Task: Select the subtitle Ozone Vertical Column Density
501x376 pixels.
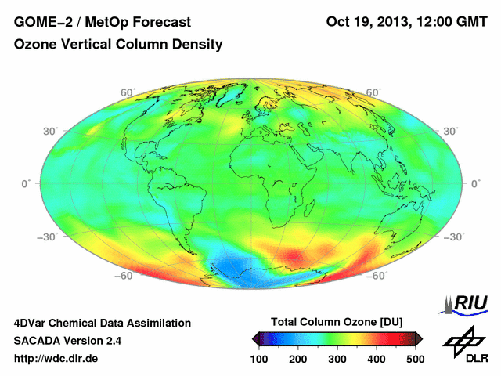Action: point(118,45)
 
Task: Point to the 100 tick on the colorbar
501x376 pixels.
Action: point(259,358)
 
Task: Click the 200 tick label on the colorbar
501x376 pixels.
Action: point(298,358)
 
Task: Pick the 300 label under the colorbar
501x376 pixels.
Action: point(337,358)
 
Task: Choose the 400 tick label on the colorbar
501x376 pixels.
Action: point(376,358)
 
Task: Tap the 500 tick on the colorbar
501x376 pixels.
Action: point(415,358)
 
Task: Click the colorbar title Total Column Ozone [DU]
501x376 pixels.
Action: point(337,323)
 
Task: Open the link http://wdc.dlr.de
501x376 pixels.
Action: point(56,359)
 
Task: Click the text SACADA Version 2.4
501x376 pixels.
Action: point(67,341)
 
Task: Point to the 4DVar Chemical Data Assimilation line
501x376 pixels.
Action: point(102,323)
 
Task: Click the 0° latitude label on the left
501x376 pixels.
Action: point(25,183)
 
